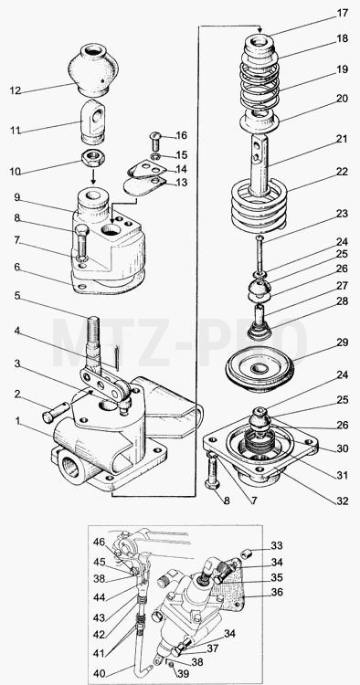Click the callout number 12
click(16, 90)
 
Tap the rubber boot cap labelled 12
click(93, 69)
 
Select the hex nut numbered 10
click(92, 156)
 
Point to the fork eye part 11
click(93, 121)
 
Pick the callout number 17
click(343, 13)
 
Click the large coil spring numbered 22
click(259, 206)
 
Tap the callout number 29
click(343, 342)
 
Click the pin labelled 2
click(56, 412)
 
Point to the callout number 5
click(17, 296)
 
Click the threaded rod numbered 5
click(94, 335)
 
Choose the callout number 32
click(343, 501)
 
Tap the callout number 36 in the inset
click(278, 593)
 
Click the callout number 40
click(99, 674)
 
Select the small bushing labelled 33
click(248, 554)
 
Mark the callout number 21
click(343, 139)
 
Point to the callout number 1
click(18, 421)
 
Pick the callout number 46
click(99, 543)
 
